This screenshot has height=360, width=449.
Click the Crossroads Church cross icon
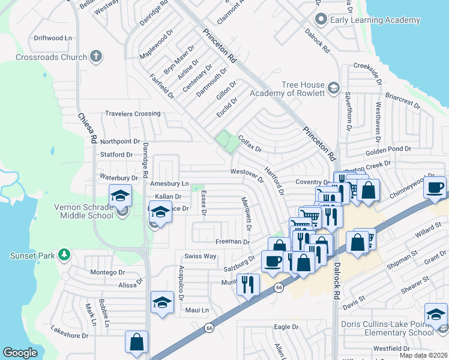click(x=95, y=58)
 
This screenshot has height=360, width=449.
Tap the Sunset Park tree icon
click(x=64, y=256)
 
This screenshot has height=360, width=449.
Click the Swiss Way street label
click(x=200, y=256)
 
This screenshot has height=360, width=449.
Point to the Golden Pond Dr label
click(x=387, y=148)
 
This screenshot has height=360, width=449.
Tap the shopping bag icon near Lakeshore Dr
click(x=136, y=342)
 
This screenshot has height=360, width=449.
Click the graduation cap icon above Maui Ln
click(x=162, y=303)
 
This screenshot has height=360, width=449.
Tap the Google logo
click(x=20, y=353)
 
